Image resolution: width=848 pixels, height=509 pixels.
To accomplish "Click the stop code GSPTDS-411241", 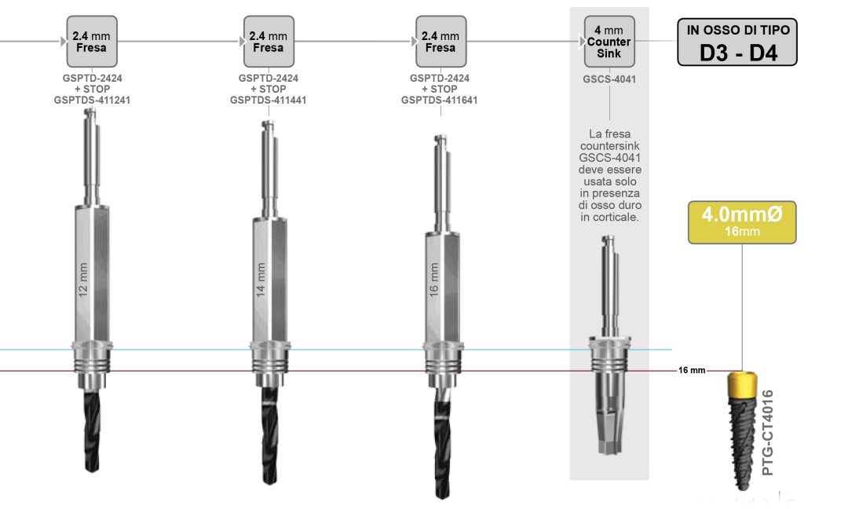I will point(92,101).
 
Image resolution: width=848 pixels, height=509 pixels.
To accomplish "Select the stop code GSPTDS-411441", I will point(268,101).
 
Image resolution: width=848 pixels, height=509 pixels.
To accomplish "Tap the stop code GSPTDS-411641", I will point(440,101).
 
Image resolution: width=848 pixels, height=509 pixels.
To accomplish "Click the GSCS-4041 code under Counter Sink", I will point(609,79).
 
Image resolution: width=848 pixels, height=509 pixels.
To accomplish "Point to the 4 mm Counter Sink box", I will point(609,42).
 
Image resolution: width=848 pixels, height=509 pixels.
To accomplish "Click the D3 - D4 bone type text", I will point(738,53).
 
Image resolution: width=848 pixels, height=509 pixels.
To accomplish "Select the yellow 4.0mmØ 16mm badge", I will point(742,222).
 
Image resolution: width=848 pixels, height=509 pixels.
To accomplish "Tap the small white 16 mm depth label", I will point(692,371).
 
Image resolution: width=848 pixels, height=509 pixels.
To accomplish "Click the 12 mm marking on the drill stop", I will point(84,278).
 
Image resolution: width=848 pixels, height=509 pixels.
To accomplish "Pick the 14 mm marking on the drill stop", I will point(261,278).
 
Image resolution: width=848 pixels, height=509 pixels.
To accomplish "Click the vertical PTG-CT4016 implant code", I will point(769,431).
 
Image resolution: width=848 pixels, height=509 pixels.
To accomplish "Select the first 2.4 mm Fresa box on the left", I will point(92,41).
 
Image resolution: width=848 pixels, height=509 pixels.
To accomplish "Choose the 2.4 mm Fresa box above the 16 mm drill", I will point(440,41).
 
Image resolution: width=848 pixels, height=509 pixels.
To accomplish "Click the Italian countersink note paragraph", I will point(609,175).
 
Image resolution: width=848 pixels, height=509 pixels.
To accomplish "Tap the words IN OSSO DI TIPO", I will point(738,30).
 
